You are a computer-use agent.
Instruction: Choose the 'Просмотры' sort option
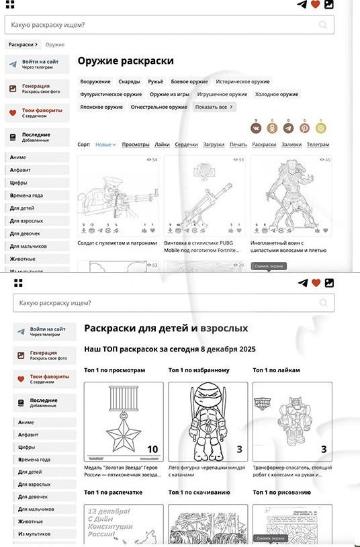click(136, 144)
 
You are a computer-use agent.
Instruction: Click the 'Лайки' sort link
click(162, 144)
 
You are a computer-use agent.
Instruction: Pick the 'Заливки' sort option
click(291, 144)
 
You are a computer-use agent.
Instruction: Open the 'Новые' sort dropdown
click(105, 144)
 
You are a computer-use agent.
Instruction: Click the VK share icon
click(255, 128)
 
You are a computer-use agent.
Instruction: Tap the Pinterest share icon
click(304, 128)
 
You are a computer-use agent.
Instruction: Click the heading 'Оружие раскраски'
click(126, 61)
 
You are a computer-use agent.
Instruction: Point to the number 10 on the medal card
click(152, 450)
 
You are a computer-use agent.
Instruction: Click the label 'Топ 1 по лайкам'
click(276, 370)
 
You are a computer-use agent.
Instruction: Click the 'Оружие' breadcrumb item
click(55, 44)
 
